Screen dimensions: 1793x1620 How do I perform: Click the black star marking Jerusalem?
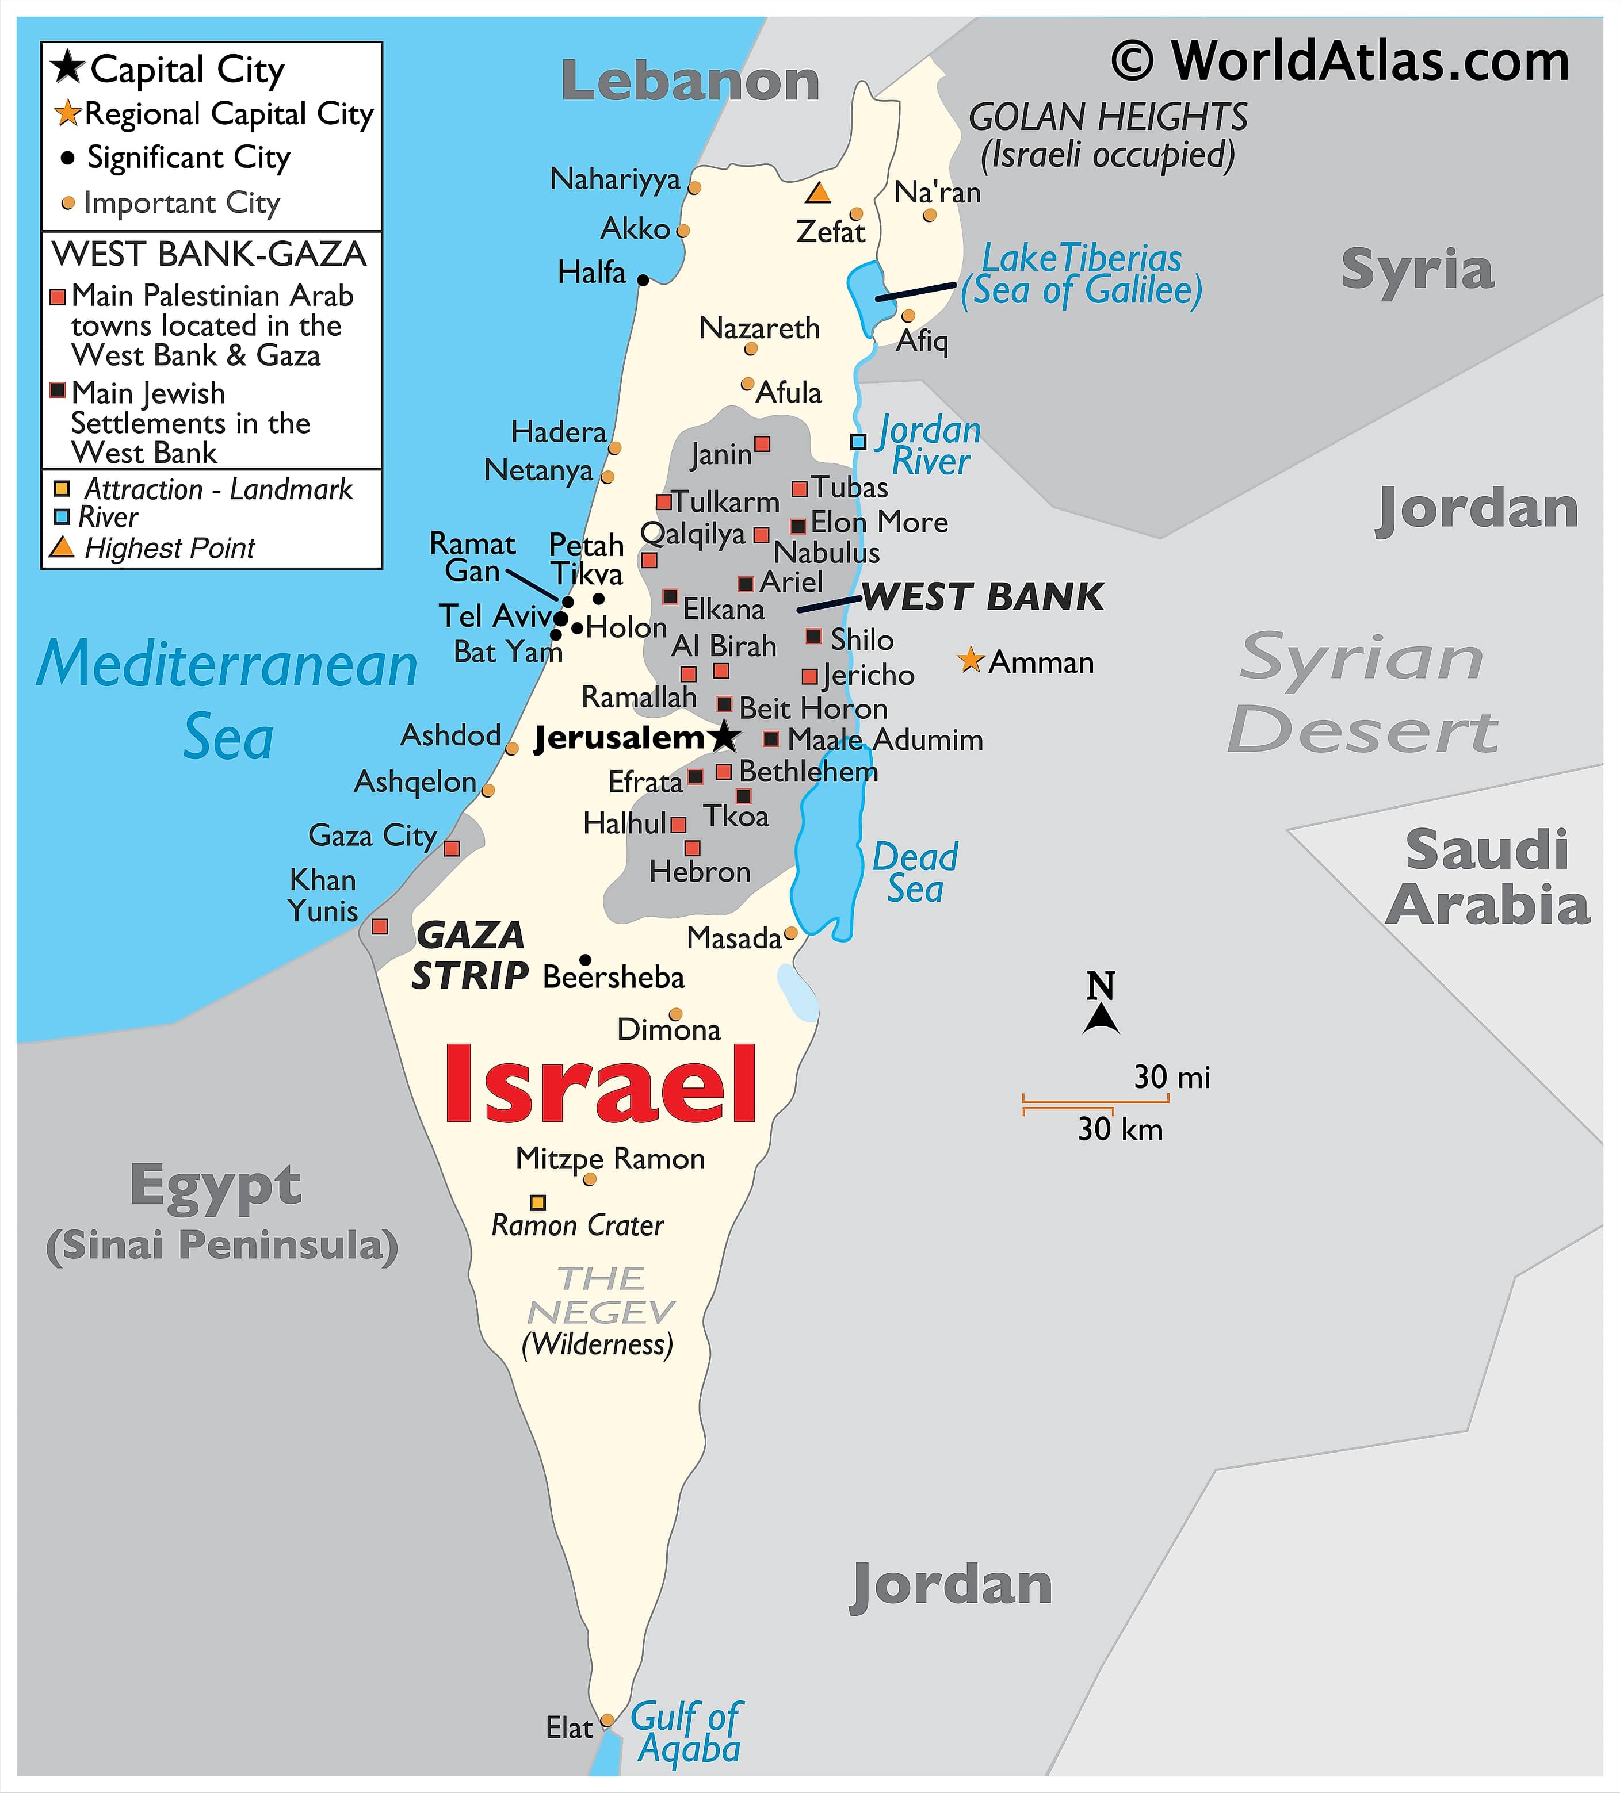click(x=725, y=735)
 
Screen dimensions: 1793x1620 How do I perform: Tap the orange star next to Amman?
click(x=971, y=661)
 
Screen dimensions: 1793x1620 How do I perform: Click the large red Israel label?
click(x=601, y=1085)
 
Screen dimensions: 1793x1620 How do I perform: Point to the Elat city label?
click(x=568, y=1727)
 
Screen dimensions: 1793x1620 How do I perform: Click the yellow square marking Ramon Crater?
click(x=537, y=1202)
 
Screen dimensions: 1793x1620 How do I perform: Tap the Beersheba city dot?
click(x=586, y=960)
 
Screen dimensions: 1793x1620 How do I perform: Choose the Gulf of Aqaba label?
click(x=686, y=1733)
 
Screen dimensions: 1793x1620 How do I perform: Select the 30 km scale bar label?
click(x=1120, y=1129)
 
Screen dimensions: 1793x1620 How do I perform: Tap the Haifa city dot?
click(x=643, y=280)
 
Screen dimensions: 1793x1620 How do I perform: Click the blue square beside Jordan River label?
click(x=858, y=441)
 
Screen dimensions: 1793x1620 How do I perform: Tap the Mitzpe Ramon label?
click(x=610, y=1158)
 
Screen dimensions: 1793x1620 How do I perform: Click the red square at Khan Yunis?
click(x=380, y=927)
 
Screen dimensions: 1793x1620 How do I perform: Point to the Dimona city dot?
click(x=676, y=1014)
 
